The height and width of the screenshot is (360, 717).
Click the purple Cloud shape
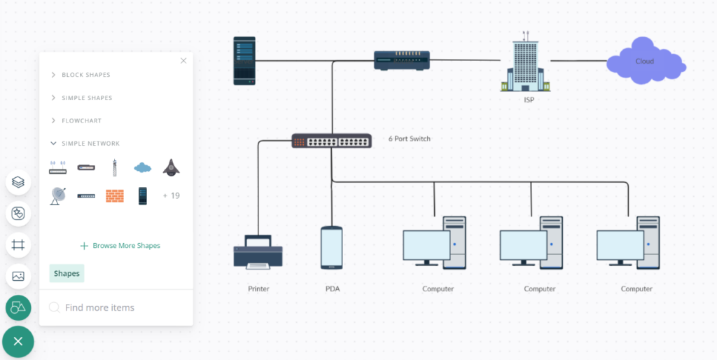[645, 62]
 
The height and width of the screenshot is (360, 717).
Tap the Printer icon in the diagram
[258, 252]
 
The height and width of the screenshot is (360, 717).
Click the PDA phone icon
[331, 248]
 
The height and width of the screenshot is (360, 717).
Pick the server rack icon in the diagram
[244, 61]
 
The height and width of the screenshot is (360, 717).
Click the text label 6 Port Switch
[410, 139]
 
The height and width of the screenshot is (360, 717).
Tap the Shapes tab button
[67, 273]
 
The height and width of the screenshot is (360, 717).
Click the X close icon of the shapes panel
[183, 61]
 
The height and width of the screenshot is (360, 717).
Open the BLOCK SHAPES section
[85, 75]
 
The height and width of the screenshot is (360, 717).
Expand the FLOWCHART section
[81, 121]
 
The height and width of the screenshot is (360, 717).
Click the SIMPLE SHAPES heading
[87, 98]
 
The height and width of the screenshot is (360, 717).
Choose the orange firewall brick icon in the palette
[114, 196]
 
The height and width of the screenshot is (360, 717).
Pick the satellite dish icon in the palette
[57, 196]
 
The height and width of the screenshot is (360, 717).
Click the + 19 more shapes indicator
[171, 196]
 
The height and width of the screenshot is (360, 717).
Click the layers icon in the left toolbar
[18, 183]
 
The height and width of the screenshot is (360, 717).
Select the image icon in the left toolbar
[18, 276]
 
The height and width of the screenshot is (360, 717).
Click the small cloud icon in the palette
[143, 167]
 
